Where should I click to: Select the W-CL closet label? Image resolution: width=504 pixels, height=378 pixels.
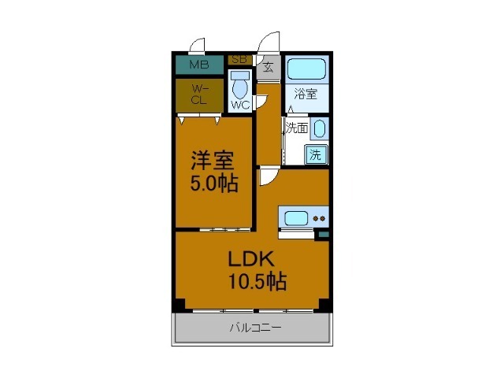(198, 94)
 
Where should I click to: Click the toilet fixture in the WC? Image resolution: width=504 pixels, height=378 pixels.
(240, 82)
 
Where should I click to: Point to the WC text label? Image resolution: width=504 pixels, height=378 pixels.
(240, 104)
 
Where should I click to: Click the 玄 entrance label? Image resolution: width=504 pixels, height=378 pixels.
(268, 66)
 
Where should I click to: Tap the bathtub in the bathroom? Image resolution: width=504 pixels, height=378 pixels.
(306, 69)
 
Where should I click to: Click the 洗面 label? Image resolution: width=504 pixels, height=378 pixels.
(296, 128)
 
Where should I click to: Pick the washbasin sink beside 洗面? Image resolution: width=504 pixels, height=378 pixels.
(319, 128)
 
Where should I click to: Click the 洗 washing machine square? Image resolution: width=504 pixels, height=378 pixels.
(316, 154)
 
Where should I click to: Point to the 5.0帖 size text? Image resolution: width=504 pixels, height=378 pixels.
(213, 184)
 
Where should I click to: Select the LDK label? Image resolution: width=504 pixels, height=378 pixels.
(251, 259)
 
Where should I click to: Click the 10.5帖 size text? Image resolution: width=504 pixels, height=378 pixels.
(257, 280)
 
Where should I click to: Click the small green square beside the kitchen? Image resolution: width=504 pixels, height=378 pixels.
(323, 234)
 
